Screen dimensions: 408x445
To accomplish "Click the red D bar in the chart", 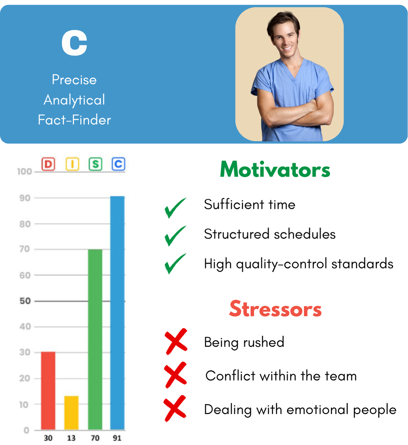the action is pos(48,391).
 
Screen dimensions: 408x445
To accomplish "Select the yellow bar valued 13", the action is pos(71,413).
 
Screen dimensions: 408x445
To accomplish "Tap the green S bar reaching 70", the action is pos(95,339).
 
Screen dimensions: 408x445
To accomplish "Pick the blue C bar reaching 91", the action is pos(117,313).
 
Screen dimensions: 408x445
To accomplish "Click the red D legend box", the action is pos(48,164).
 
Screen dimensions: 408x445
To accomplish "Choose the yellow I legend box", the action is pos(72,164).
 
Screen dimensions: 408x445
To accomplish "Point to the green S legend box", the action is pos(95,164).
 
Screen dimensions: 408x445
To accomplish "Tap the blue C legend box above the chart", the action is pos(118,164).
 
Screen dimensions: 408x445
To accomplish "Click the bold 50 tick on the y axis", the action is pos(25,301).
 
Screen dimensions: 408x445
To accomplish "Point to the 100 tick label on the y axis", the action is pos(25,172).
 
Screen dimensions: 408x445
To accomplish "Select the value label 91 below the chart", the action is pos(117,438).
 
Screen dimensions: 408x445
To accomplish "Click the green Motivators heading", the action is pos(275,170).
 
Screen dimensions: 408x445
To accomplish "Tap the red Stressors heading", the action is pos(275,308).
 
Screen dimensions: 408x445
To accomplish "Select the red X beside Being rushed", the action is pos(176,342).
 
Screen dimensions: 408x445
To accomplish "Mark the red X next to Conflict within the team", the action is pos(175,375).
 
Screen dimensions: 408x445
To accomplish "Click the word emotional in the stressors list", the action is pos(317,409).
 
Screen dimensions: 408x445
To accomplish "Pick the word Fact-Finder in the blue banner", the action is pos(74,120).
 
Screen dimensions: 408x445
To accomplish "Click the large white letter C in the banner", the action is pos(74,43).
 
